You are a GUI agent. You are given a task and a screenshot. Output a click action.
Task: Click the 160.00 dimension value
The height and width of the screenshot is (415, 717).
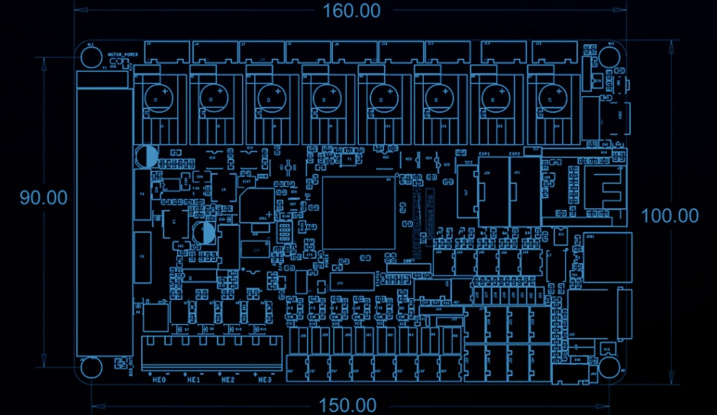352,11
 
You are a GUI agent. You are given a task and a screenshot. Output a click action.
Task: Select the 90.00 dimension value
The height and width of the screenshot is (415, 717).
44,197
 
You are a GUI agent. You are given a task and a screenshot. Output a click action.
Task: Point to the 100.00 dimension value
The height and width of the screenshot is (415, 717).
670,216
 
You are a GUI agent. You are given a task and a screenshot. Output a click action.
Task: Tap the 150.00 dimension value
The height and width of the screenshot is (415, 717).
347,405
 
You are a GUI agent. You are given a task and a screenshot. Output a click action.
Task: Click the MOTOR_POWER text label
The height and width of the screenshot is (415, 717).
123,55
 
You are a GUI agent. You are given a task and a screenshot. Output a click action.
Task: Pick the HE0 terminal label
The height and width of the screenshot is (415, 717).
160,379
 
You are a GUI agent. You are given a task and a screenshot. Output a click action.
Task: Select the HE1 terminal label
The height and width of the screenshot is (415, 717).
193,379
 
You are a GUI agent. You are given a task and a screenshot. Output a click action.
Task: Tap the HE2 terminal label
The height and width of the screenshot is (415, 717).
228,379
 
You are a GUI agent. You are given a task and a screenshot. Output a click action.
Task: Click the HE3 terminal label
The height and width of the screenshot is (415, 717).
264,379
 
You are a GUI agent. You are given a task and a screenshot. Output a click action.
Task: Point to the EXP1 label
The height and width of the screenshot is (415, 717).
484,154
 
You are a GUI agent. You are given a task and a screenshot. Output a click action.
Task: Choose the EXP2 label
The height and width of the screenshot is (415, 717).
515,154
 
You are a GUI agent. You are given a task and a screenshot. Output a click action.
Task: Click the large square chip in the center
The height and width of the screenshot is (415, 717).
359,213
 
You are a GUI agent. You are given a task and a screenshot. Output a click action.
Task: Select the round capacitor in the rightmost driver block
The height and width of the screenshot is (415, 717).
550,96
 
